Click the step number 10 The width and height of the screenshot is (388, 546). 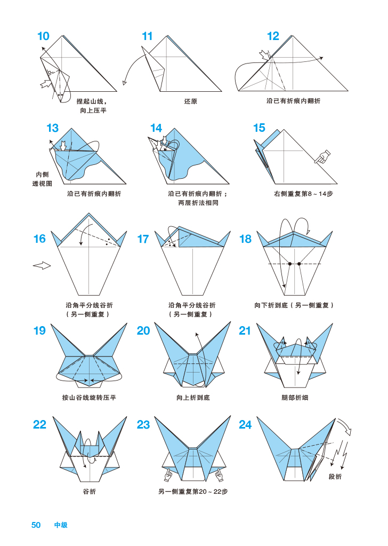pyautogui.click(x=43, y=36)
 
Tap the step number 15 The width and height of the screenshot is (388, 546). pyautogui.click(x=259, y=128)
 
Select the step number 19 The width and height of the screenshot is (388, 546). pyautogui.click(x=39, y=331)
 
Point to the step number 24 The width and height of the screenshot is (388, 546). pyautogui.click(x=245, y=425)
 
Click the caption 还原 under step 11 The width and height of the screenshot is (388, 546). pyautogui.click(x=191, y=101)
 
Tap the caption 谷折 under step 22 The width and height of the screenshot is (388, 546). pyautogui.click(x=89, y=491)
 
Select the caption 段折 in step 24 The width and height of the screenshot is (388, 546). pyautogui.click(x=335, y=476)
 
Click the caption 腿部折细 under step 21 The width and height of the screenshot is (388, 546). pyautogui.click(x=295, y=398)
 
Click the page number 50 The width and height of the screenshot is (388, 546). pyautogui.click(x=36, y=525)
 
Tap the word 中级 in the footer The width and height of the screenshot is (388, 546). pyautogui.click(x=61, y=525)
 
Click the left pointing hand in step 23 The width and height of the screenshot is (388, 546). pyautogui.click(x=168, y=473)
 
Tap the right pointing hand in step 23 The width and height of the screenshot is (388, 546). pyautogui.click(x=219, y=473)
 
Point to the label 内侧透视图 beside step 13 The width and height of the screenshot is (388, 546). pyautogui.click(x=42, y=179)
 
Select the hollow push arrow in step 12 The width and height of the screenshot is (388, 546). pyautogui.click(x=264, y=55)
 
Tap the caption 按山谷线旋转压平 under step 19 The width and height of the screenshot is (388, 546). pyautogui.click(x=89, y=398)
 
